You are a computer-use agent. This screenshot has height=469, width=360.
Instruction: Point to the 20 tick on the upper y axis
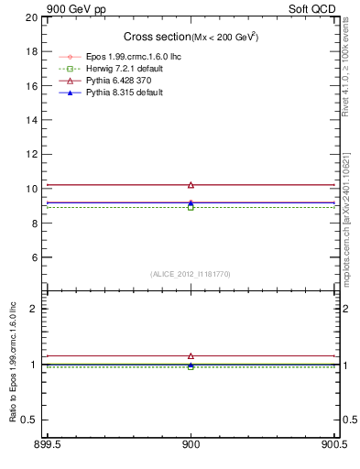click(32, 17)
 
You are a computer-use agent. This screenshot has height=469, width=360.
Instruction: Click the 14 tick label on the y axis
click(32, 120)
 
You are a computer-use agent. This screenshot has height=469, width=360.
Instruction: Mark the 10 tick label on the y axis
click(32, 189)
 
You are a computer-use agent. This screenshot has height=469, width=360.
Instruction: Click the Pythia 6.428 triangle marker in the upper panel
click(191, 185)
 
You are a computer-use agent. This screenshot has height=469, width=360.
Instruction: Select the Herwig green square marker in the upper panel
click(191, 207)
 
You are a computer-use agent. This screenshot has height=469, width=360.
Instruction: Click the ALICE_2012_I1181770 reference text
click(191, 273)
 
